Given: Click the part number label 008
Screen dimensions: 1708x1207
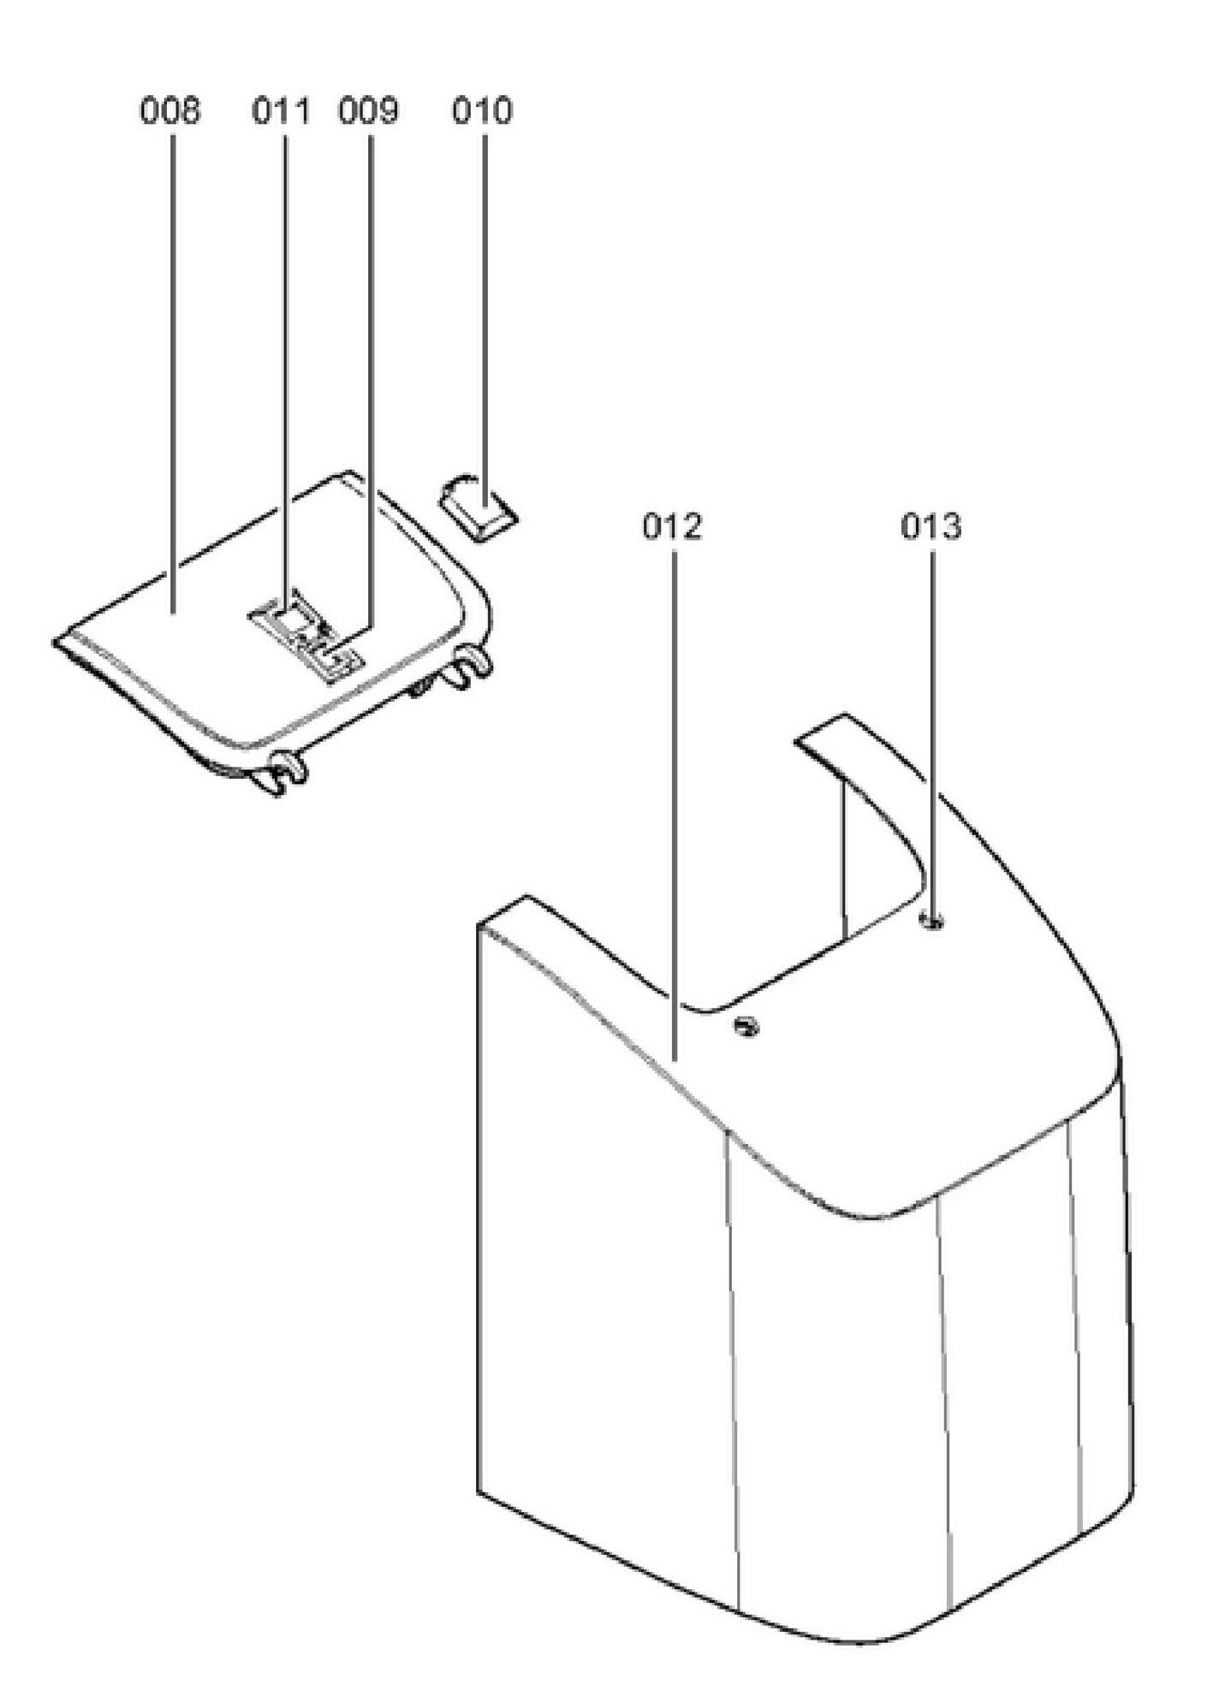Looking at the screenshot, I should [170, 111].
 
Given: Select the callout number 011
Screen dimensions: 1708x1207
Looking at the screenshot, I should [281, 111].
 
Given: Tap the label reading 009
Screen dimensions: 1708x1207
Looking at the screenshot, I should [368, 111].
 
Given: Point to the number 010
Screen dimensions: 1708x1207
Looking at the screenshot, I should [482, 111].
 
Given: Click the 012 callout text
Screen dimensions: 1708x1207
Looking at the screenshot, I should [673, 527].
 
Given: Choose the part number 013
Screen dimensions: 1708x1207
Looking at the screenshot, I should [931, 527].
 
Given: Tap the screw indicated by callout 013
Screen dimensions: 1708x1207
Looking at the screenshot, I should [932, 922].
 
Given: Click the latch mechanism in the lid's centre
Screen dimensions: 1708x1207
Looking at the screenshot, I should [305, 633].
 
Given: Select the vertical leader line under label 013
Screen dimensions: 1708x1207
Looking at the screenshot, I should [932, 727].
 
